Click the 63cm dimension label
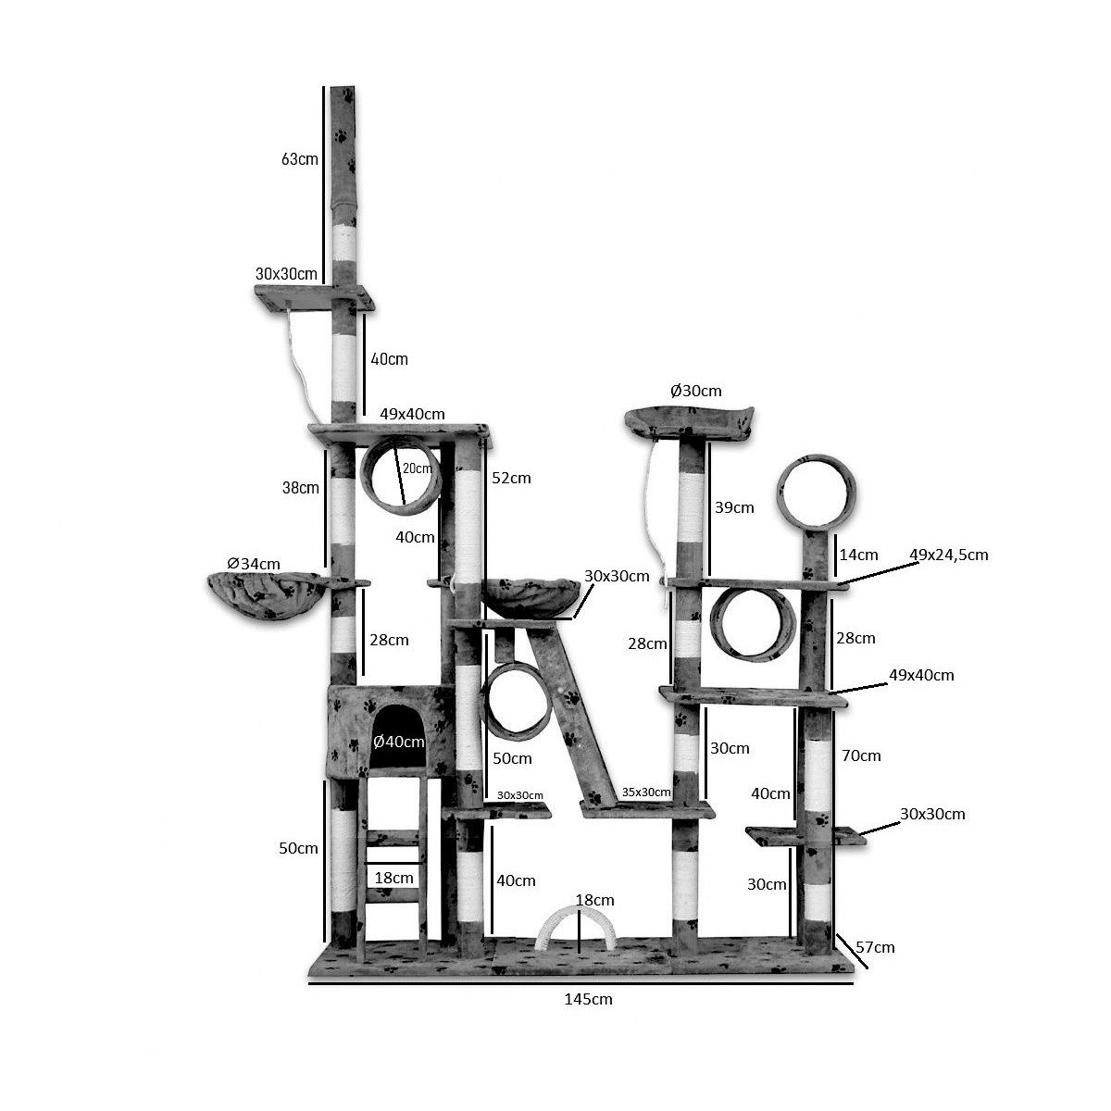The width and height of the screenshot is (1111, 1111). coord(300,158)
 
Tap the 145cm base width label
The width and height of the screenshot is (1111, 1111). coord(588,999)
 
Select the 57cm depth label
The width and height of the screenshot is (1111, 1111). coord(875,947)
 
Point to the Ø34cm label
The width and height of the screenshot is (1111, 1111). coord(254,563)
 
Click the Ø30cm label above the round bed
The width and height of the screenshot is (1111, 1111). coord(696,391)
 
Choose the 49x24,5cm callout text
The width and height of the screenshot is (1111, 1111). coord(949,555)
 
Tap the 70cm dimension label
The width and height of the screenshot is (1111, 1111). coord(861,755)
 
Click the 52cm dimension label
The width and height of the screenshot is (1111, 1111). coord(511,478)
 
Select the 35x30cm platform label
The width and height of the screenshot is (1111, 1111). coord(646,793)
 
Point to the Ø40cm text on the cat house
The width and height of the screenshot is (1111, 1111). coord(398,742)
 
